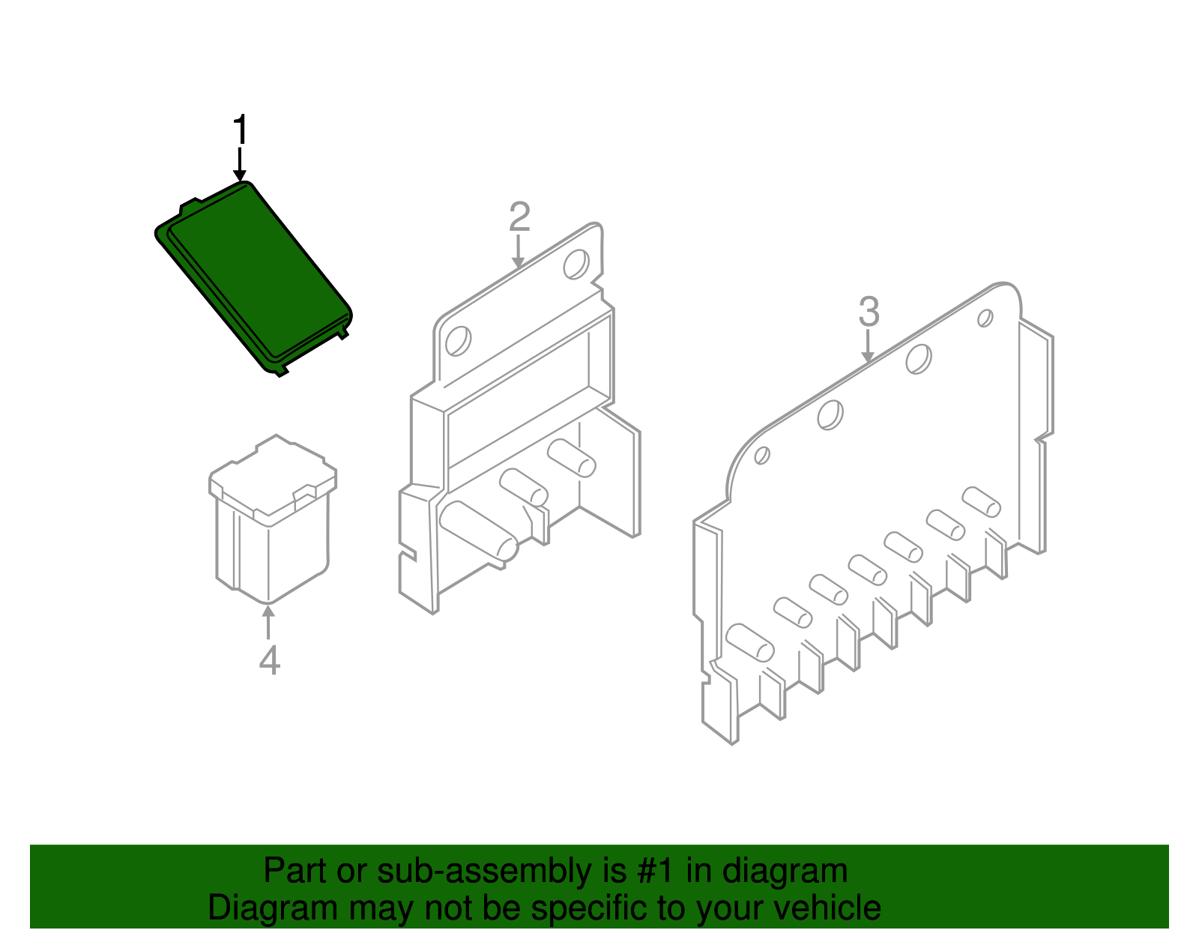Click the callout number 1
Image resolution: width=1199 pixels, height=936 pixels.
(240, 130)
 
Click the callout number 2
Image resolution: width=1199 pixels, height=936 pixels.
(519, 217)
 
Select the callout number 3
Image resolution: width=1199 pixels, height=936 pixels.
(869, 312)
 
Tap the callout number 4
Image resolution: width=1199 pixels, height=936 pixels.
(269, 660)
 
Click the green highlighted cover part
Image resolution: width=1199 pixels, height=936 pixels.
(255, 277)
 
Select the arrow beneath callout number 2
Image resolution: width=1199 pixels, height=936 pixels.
(519, 252)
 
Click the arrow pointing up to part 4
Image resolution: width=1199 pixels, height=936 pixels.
(268, 621)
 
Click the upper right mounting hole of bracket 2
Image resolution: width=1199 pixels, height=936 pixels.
(576, 264)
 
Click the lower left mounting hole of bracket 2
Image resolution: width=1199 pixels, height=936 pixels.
(457, 341)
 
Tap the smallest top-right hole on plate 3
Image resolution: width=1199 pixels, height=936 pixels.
(985, 318)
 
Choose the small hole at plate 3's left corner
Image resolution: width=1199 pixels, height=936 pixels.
(761, 455)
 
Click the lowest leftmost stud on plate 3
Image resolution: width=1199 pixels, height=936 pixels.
(749, 642)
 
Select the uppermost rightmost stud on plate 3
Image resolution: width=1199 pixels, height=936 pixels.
(981, 501)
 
